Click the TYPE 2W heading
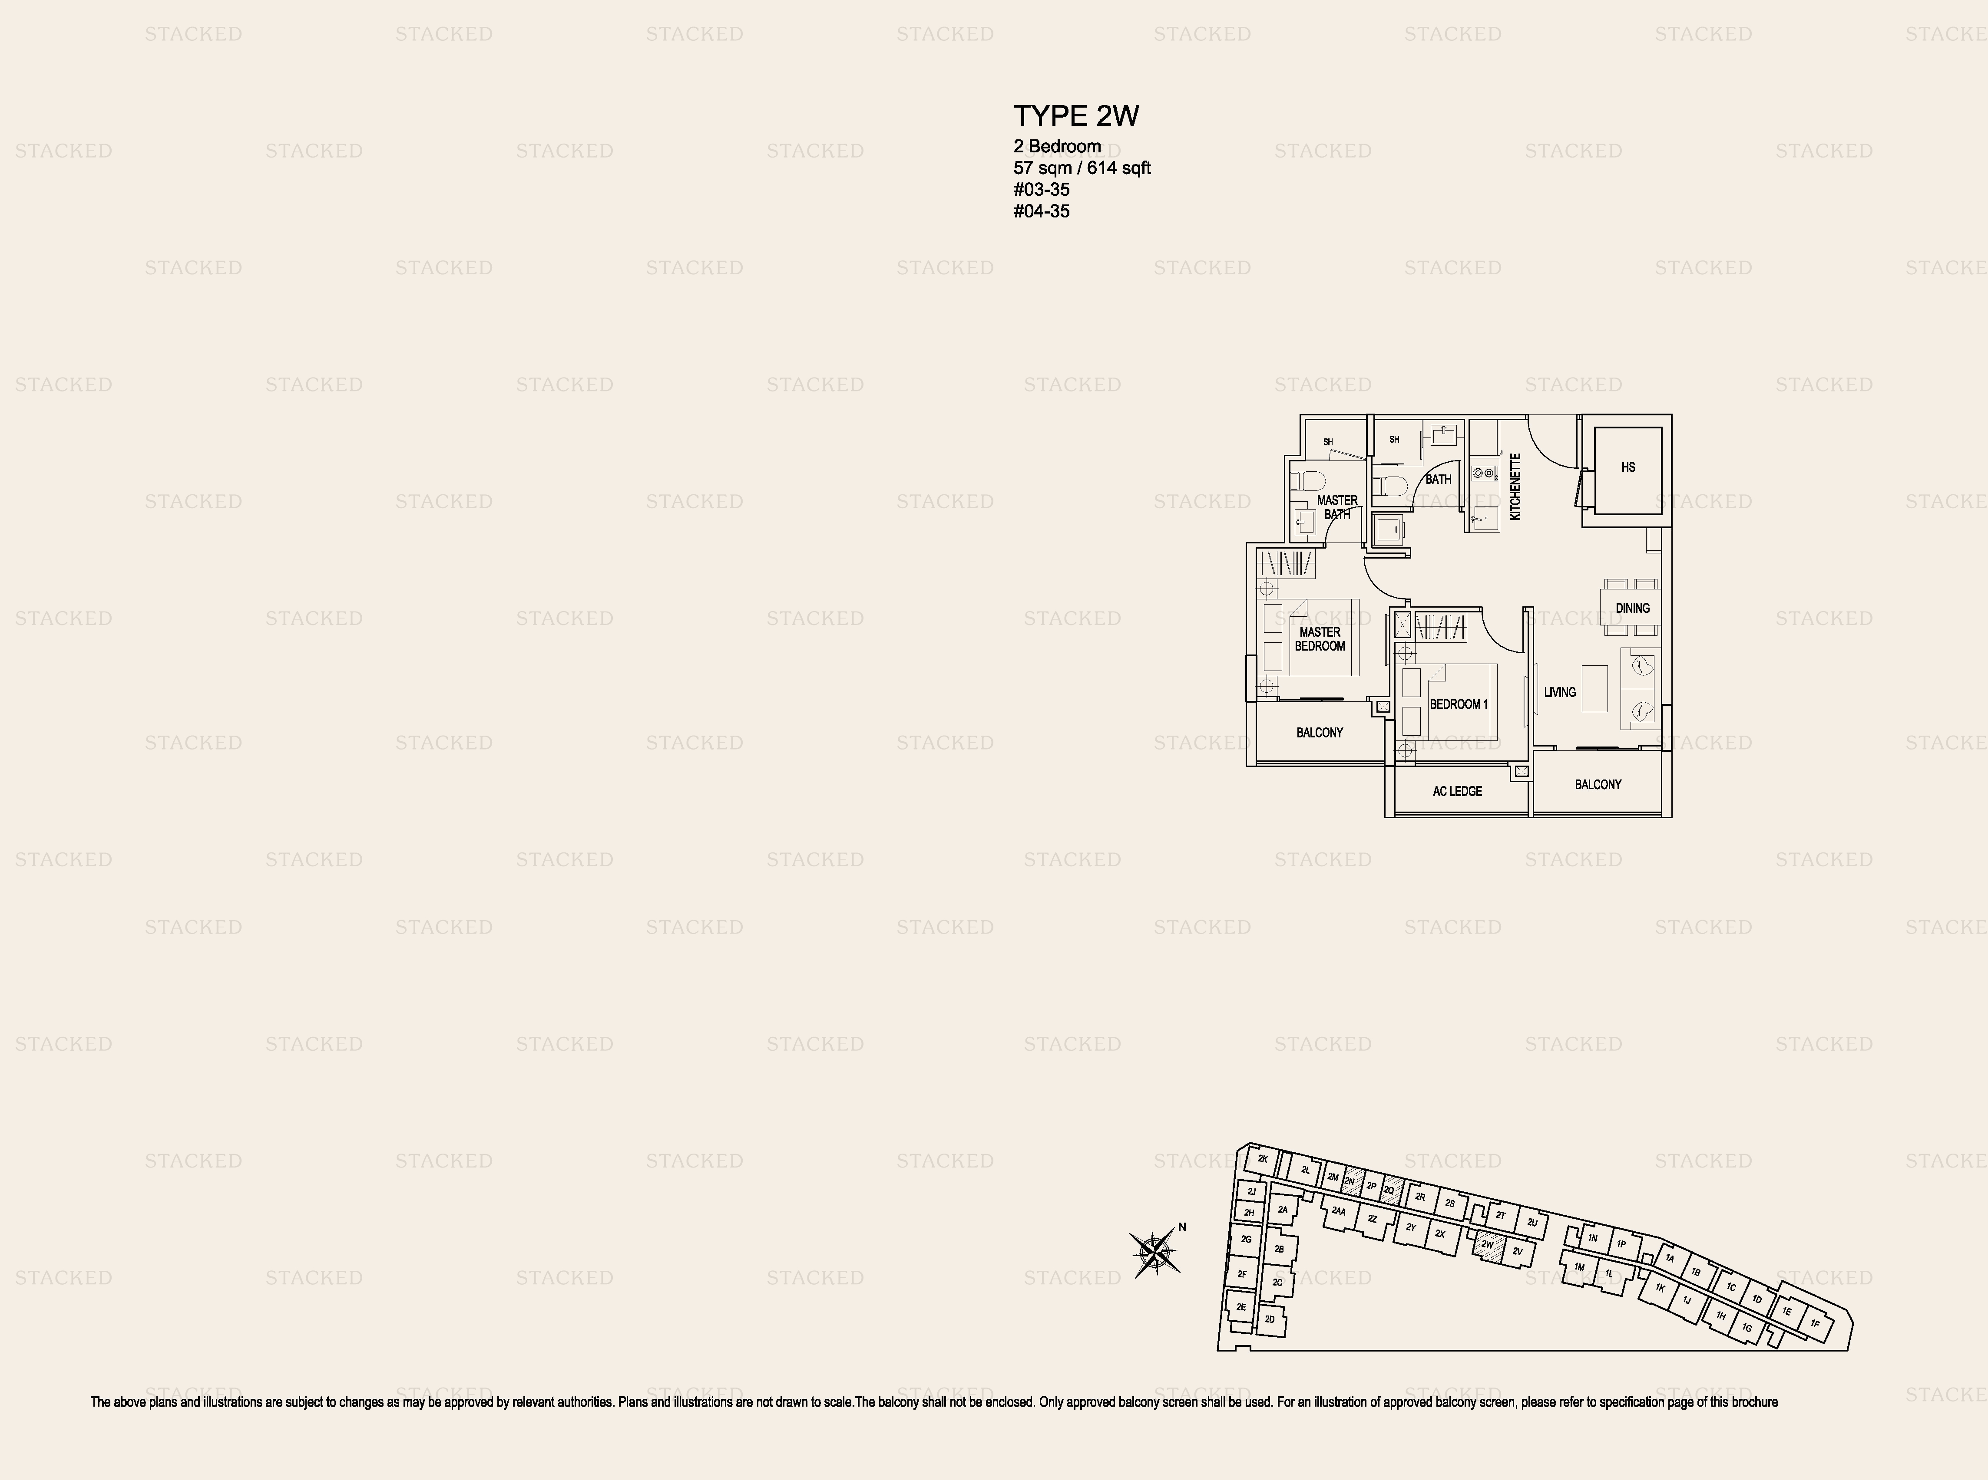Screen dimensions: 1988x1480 tap(1075, 115)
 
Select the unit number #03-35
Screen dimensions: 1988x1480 tap(1042, 189)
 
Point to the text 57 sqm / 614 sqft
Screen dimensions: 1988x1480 tap(1082, 168)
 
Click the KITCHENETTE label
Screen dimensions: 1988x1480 tap(1515, 487)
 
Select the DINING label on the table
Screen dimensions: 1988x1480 tap(1632, 608)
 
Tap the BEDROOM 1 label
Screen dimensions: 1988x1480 tap(1458, 704)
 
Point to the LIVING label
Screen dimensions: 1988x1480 tap(1560, 692)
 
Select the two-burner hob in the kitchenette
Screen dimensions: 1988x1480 tap(1482, 472)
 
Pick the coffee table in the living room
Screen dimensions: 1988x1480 tap(1594, 688)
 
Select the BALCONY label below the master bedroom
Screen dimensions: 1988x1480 tap(1320, 732)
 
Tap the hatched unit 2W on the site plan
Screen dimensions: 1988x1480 tap(1488, 1245)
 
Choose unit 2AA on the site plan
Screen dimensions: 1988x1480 tap(1338, 1211)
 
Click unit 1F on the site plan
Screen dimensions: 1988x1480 tap(1815, 1323)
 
